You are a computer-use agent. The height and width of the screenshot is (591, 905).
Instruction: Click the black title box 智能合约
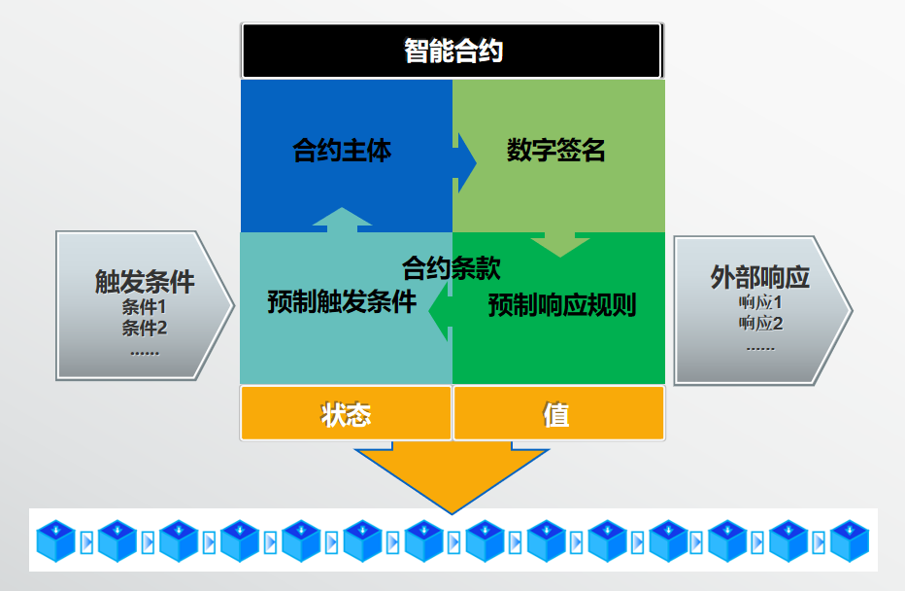(x=452, y=51)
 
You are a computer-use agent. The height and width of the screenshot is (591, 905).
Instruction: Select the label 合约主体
(x=342, y=152)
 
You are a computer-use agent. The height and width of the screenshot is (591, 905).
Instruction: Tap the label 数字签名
(x=556, y=151)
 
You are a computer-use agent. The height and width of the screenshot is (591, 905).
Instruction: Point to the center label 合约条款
(x=452, y=267)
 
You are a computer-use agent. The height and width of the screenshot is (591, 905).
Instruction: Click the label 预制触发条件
(x=342, y=302)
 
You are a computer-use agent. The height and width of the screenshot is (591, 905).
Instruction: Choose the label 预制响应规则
(x=561, y=305)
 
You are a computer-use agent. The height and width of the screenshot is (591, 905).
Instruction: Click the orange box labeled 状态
(x=346, y=414)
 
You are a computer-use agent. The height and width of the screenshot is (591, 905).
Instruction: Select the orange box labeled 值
(x=557, y=414)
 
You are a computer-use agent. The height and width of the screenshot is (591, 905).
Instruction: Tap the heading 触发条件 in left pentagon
(x=145, y=282)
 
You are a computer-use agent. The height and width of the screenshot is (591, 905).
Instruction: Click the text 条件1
(x=145, y=307)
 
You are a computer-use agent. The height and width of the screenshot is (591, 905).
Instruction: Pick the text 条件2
(x=145, y=328)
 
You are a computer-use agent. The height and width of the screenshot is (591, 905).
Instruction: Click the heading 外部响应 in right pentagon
(x=759, y=278)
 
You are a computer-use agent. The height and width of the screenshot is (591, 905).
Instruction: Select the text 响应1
(x=760, y=302)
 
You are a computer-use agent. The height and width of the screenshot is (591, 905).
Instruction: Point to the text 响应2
(x=760, y=323)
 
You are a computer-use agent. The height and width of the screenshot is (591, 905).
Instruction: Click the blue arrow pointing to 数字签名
(x=465, y=160)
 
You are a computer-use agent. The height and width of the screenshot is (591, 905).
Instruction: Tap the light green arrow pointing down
(x=559, y=244)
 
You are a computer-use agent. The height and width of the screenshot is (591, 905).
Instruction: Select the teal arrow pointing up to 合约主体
(x=342, y=220)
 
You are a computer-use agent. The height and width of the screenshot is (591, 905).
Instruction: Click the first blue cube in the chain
(x=56, y=540)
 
